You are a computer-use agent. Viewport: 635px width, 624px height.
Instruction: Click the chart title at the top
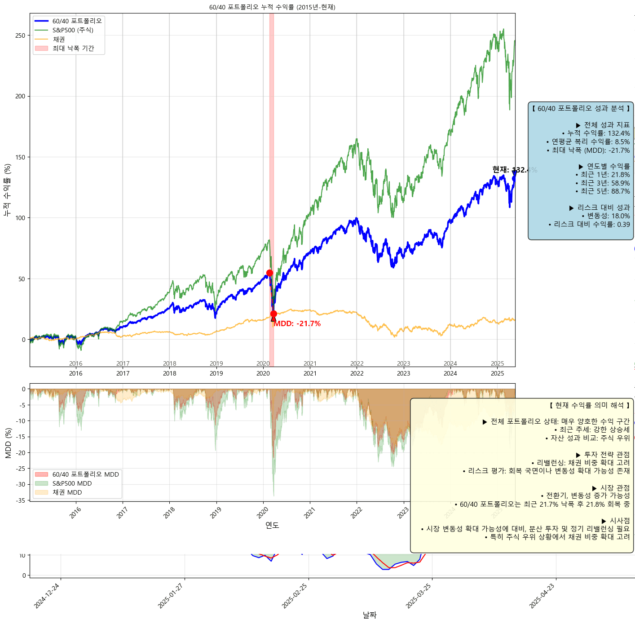point(272,7)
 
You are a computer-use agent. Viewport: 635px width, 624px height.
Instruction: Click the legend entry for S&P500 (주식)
point(73,30)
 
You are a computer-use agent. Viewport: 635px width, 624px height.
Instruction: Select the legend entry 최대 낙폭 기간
point(73,48)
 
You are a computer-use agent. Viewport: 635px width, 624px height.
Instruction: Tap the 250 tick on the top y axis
point(20,35)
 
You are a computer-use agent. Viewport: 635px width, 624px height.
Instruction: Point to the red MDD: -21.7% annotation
point(297,324)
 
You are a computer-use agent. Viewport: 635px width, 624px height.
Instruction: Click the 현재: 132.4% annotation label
point(514,170)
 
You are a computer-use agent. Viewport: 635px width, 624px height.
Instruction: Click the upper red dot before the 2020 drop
point(269,273)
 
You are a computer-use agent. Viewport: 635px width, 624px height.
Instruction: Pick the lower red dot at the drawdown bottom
point(273,314)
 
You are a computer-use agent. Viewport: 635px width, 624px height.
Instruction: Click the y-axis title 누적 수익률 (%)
point(7,190)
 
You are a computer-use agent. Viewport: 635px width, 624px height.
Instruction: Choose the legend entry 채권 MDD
point(67,492)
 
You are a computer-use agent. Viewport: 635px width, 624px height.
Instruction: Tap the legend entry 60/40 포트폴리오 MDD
point(85,474)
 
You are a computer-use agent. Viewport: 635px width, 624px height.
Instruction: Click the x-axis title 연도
point(272,525)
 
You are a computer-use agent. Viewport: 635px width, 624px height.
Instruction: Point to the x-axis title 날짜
point(370,615)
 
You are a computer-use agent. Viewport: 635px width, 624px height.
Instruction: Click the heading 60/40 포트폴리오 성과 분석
point(581,109)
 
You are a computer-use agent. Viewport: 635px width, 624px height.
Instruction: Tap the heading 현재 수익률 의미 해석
point(589,405)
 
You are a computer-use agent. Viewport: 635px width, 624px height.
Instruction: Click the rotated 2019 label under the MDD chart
point(216,513)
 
